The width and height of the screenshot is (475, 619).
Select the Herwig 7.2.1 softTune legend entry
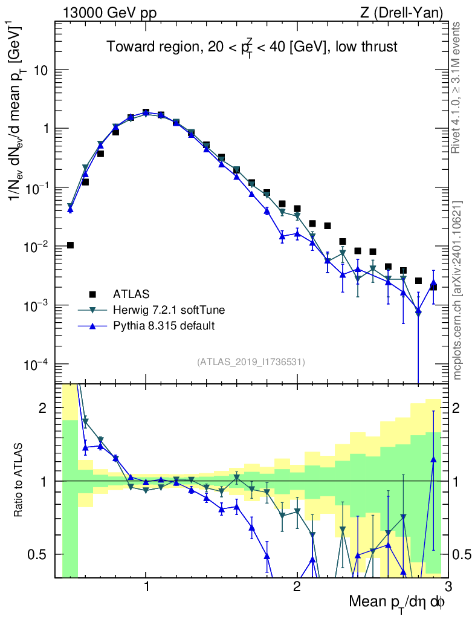tap(169, 310)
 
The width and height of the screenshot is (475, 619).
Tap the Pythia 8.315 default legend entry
tap(164, 326)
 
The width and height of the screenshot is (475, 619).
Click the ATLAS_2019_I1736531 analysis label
tap(251, 362)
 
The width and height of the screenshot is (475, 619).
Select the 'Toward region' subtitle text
tap(252, 47)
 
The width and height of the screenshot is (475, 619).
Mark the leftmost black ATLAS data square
tap(70, 245)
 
